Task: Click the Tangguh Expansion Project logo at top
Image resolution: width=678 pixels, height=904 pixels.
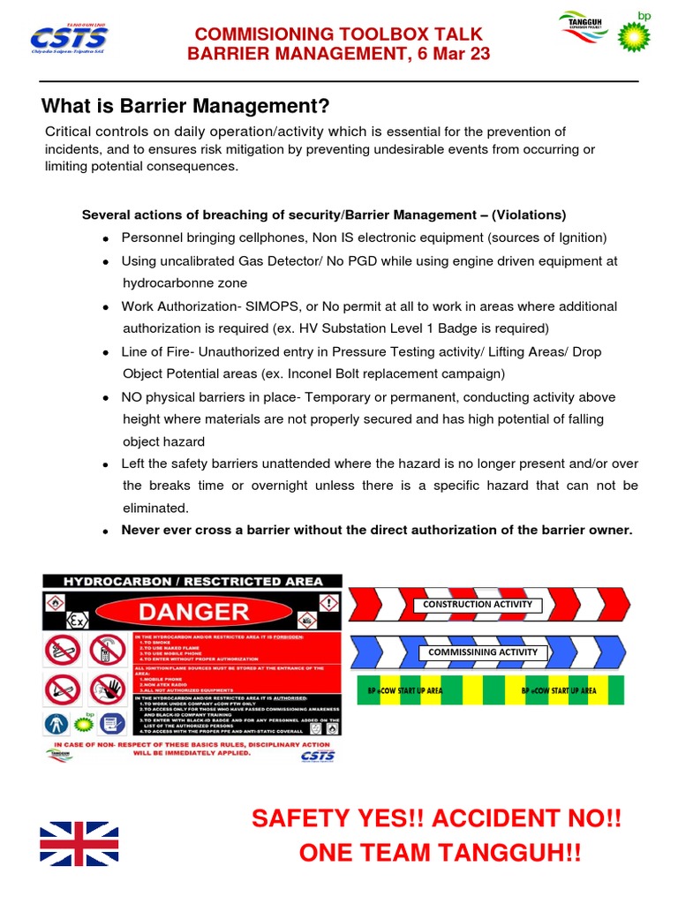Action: (582, 26)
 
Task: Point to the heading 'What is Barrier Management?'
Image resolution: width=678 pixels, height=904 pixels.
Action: (185, 107)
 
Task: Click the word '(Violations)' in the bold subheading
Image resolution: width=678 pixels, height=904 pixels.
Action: (529, 215)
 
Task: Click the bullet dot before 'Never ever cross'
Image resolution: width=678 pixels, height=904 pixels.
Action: (106, 531)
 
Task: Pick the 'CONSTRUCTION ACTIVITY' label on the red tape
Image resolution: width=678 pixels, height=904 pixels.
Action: (478, 605)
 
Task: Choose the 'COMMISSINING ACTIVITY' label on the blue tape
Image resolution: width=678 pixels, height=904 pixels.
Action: (482, 652)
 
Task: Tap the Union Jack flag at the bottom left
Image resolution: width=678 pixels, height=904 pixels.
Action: (79, 843)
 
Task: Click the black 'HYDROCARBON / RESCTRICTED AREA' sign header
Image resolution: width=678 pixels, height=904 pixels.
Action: (192, 581)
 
